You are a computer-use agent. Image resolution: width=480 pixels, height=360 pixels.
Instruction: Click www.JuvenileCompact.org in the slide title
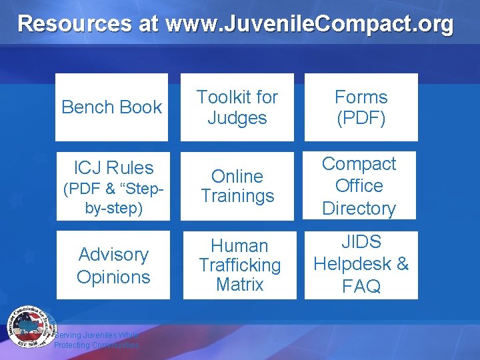click(x=310, y=24)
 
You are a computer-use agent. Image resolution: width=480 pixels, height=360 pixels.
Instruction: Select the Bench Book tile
click(x=111, y=107)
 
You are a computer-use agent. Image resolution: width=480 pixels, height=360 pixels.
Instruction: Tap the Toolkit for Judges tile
click(x=238, y=107)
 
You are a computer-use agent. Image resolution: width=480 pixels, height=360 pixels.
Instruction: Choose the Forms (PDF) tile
click(x=361, y=107)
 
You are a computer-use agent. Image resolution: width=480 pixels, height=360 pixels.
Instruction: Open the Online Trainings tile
click(x=238, y=186)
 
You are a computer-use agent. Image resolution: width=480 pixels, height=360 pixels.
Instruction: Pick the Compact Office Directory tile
click(x=360, y=186)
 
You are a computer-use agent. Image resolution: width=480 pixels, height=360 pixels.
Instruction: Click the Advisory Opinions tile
click(x=113, y=265)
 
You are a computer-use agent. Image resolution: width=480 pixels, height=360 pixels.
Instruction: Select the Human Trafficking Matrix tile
click(x=239, y=265)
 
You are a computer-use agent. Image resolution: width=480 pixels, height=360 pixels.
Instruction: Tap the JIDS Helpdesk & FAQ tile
click(x=361, y=265)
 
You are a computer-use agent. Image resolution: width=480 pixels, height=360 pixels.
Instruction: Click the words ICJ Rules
click(x=114, y=168)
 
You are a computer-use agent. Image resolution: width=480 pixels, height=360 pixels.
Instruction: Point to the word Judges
click(x=237, y=118)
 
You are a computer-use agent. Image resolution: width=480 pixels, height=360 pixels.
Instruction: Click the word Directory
click(x=359, y=208)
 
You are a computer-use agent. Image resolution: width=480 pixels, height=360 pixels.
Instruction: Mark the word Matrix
click(x=240, y=285)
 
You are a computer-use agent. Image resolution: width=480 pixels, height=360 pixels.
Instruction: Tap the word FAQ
click(x=361, y=287)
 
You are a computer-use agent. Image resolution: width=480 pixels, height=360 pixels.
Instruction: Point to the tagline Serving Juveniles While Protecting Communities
click(x=97, y=340)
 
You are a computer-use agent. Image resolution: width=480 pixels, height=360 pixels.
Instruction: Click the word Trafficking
click(x=240, y=265)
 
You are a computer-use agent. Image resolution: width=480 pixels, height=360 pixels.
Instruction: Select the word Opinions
click(x=113, y=277)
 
